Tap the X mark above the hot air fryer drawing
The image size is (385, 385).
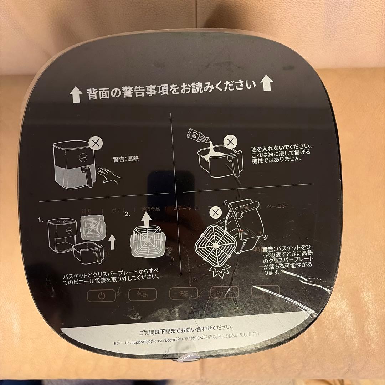tap(95, 144)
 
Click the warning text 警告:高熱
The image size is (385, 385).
tap(126, 159)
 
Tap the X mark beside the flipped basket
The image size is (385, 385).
tap(215, 213)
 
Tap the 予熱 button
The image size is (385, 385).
tap(143, 294)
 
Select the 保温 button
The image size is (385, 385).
tap(184, 293)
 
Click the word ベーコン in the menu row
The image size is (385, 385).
tap(276, 206)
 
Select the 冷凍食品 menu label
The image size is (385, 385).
tap(150, 209)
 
